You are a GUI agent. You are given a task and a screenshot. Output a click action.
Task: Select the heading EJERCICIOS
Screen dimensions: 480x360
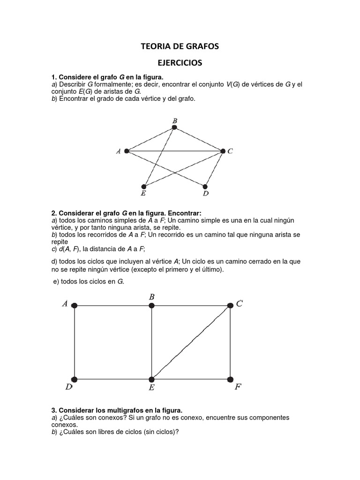click(x=180, y=62)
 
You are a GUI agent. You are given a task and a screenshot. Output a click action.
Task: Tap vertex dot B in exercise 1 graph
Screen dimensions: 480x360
click(x=174, y=127)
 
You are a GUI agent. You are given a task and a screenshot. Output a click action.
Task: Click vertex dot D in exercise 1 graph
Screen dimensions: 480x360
click(x=205, y=186)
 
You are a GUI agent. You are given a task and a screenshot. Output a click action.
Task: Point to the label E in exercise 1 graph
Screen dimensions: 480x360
click(x=143, y=193)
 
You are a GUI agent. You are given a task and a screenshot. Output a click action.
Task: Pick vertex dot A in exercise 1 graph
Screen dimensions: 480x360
click(x=127, y=151)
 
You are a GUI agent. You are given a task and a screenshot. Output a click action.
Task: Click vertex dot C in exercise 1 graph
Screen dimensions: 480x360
click(x=223, y=151)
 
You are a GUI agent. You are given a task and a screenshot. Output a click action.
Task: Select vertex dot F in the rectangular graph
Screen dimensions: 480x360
click(x=230, y=379)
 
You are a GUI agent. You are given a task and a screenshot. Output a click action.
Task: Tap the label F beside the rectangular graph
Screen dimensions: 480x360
click(x=238, y=388)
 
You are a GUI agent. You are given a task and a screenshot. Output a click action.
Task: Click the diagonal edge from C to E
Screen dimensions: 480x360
click(x=191, y=342)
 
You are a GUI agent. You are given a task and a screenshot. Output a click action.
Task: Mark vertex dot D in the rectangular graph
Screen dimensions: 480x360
click(x=75, y=379)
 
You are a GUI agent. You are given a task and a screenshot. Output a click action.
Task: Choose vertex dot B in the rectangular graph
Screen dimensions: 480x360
click(x=151, y=305)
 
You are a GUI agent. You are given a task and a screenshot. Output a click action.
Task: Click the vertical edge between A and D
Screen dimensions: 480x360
click(x=75, y=342)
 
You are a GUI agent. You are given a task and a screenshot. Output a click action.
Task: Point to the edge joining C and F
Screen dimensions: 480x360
click(x=230, y=342)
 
